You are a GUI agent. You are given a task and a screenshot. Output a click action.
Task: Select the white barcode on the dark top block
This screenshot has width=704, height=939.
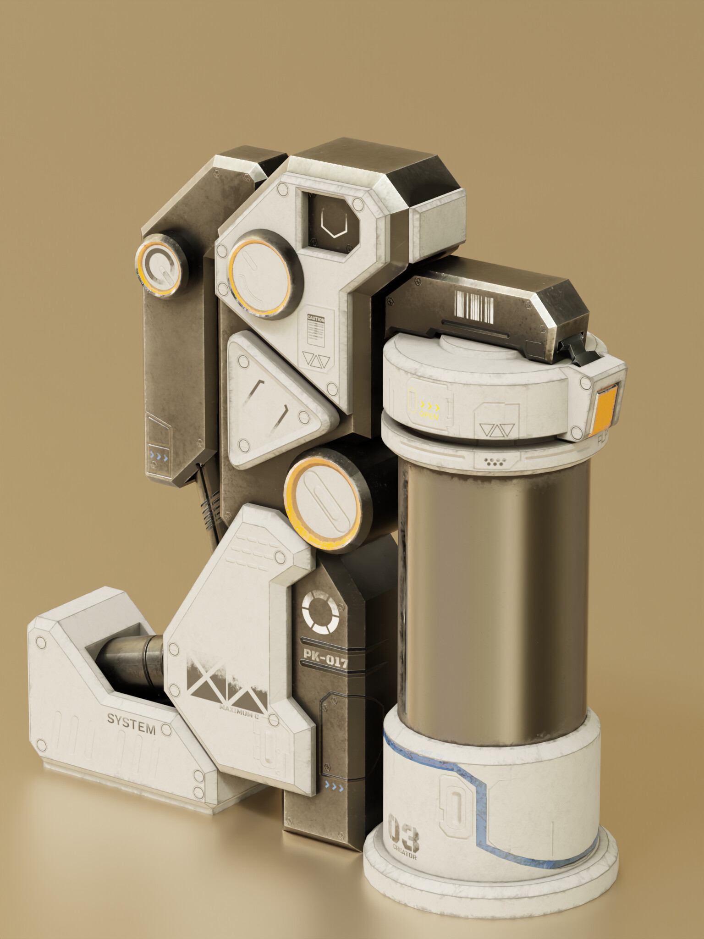pyautogui.click(x=473, y=306)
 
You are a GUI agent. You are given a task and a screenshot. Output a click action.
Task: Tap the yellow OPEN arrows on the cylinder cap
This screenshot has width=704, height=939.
pyautogui.click(x=430, y=407)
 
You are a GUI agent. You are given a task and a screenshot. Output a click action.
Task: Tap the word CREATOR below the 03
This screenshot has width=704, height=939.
pyautogui.click(x=405, y=856)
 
